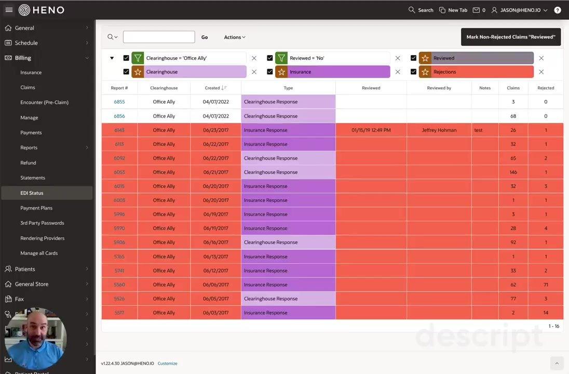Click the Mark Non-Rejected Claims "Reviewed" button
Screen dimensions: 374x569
tap(511, 37)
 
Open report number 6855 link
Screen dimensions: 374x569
tap(119, 102)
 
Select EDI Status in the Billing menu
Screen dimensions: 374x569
tap(32, 193)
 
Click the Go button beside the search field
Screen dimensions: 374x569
tap(205, 37)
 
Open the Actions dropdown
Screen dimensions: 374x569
tap(235, 37)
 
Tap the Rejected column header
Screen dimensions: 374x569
tap(546, 88)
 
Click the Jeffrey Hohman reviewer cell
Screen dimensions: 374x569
tap(439, 130)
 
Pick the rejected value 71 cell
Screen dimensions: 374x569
tap(546, 285)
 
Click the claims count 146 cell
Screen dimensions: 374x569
tap(513, 172)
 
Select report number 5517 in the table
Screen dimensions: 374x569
tap(119, 313)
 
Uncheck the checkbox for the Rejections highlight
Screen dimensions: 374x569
tap(413, 72)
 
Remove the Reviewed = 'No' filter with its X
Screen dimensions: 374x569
tap(398, 58)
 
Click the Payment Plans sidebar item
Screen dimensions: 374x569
tap(36, 208)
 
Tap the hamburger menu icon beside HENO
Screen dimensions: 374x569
tap(9, 10)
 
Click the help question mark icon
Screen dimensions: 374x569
tap(558, 10)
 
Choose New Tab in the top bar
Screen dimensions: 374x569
tap(453, 10)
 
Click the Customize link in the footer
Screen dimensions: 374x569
tap(167, 364)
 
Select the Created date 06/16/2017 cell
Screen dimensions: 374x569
tap(215, 242)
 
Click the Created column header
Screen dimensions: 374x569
tap(212, 88)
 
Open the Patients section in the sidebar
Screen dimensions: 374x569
tap(25, 269)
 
